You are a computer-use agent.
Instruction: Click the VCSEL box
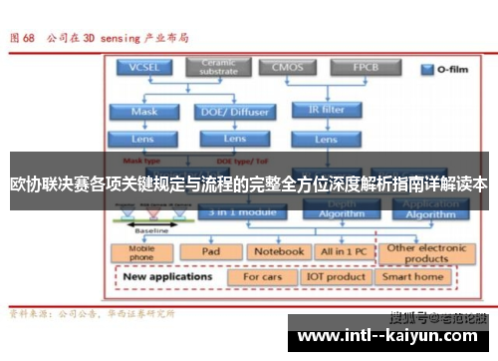click(x=144, y=68)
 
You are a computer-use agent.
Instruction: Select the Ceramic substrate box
click(x=217, y=67)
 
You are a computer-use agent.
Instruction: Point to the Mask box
click(x=144, y=112)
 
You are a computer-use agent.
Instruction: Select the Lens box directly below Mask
click(x=144, y=139)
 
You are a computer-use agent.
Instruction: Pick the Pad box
click(x=210, y=251)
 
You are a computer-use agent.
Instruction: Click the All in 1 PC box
click(x=342, y=251)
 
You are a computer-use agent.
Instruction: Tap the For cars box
click(x=263, y=276)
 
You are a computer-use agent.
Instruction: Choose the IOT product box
click(x=336, y=276)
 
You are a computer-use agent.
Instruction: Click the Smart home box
click(x=417, y=276)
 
